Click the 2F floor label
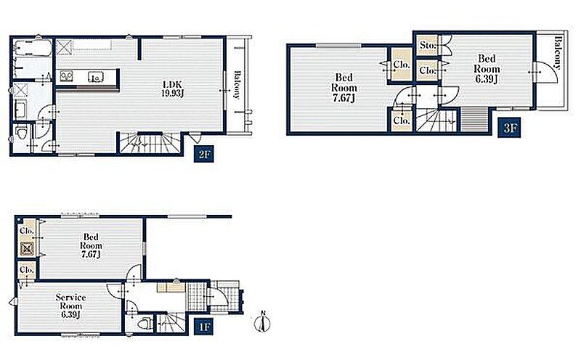point(204,154)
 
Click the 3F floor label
point(509,128)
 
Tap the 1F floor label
point(204,327)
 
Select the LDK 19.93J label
point(172,89)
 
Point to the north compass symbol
point(262,322)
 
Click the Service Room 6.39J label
point(70,306)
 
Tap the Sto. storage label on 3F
point(427,45)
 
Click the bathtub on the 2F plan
point(33,48)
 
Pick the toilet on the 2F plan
point(22,132)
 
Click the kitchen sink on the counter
point(96,77)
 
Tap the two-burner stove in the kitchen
point(67,76)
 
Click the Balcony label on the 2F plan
point(237,85)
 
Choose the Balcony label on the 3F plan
point(557,52)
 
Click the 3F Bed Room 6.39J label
point(487,68)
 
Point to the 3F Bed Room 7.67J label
point(344,88)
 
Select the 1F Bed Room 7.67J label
point(91,245)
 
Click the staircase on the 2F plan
point(150,143)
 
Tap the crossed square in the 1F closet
point(27,249)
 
